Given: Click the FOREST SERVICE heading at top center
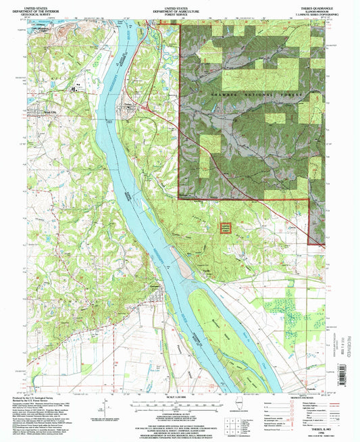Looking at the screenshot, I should click(180, 12).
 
